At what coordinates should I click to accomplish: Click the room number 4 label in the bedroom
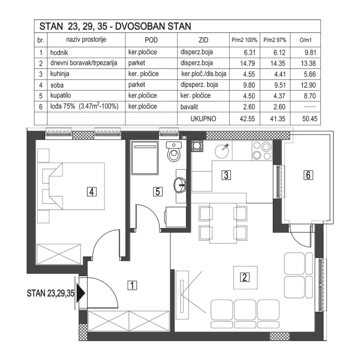pos(91,192)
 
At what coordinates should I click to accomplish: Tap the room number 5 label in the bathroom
pos(157,192)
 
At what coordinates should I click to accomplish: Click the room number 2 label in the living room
pos(244,277)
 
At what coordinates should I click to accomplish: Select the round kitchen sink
pos(221,149)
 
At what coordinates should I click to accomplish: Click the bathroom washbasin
pos(179,185)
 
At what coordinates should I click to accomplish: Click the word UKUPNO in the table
pos(203,118)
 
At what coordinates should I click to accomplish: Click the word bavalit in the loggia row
pos(191,106)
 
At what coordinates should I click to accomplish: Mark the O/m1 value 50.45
pos(308,118)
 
